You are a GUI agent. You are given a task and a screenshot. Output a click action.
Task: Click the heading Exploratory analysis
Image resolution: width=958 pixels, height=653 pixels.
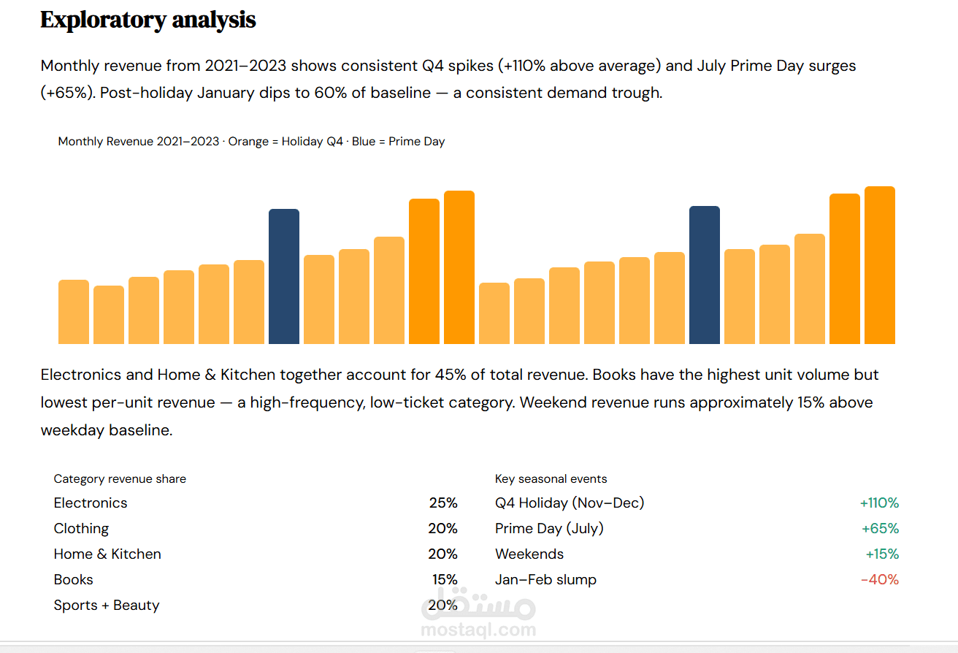click(x=148, y=20)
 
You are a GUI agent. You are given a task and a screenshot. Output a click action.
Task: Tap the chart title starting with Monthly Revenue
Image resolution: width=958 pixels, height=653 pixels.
click(x=251, y=142)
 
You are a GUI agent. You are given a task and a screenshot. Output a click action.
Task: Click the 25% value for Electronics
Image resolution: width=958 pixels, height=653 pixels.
click(x=443, y=503)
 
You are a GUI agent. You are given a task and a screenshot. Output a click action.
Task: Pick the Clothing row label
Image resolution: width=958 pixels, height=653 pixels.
click(x=81, y=529)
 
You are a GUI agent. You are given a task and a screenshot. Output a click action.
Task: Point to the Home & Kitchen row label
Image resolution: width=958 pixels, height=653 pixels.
click(x=107, y=554)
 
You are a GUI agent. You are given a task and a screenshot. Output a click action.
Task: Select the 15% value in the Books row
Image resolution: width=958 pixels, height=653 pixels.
click(x=445, y=580)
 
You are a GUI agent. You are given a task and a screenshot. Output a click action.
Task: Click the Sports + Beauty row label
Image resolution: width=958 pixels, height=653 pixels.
click(x=107, y=606)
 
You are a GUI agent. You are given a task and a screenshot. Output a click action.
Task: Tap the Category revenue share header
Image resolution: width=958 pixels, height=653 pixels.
click(x=120, y=479)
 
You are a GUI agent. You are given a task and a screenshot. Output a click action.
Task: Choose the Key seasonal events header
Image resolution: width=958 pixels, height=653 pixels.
click(x=551, y=479)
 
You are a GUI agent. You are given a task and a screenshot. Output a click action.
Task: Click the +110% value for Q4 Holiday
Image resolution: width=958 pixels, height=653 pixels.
click(x=879, y=503)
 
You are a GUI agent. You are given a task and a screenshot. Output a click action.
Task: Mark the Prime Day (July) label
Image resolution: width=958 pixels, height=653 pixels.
click(x=549, y=529)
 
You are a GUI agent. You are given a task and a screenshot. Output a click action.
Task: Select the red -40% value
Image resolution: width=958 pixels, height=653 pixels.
click(x=880, y=580)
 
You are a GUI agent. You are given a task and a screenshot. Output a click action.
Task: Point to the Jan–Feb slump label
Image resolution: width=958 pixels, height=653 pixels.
click(x=545, y=580)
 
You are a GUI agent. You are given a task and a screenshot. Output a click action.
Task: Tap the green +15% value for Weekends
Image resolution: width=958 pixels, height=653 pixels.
click(x=882, y=554)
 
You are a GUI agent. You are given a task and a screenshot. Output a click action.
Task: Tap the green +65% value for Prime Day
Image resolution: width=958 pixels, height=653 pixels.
click(x=880, y=529)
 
